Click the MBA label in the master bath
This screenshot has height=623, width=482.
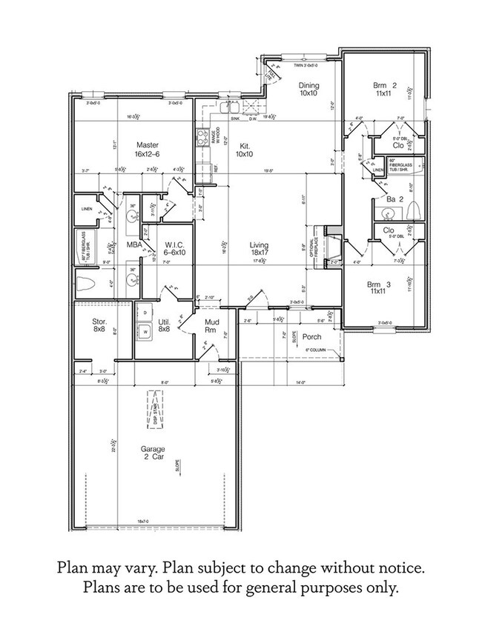coord(134,244)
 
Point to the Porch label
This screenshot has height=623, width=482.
coord(312,336)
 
